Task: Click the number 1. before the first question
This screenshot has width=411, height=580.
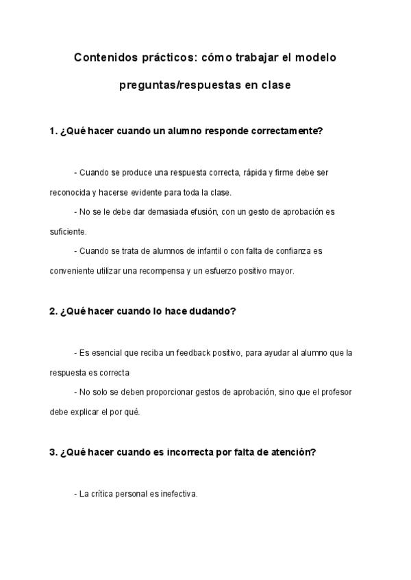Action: click(53, 131)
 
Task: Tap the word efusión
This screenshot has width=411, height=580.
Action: click(202, 212)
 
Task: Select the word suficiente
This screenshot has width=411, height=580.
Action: click(67, 231)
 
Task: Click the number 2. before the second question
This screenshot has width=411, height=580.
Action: click(53, 311)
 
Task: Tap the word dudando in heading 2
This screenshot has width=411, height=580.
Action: click(212, 311)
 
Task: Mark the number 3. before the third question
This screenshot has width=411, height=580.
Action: click(53, 452)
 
